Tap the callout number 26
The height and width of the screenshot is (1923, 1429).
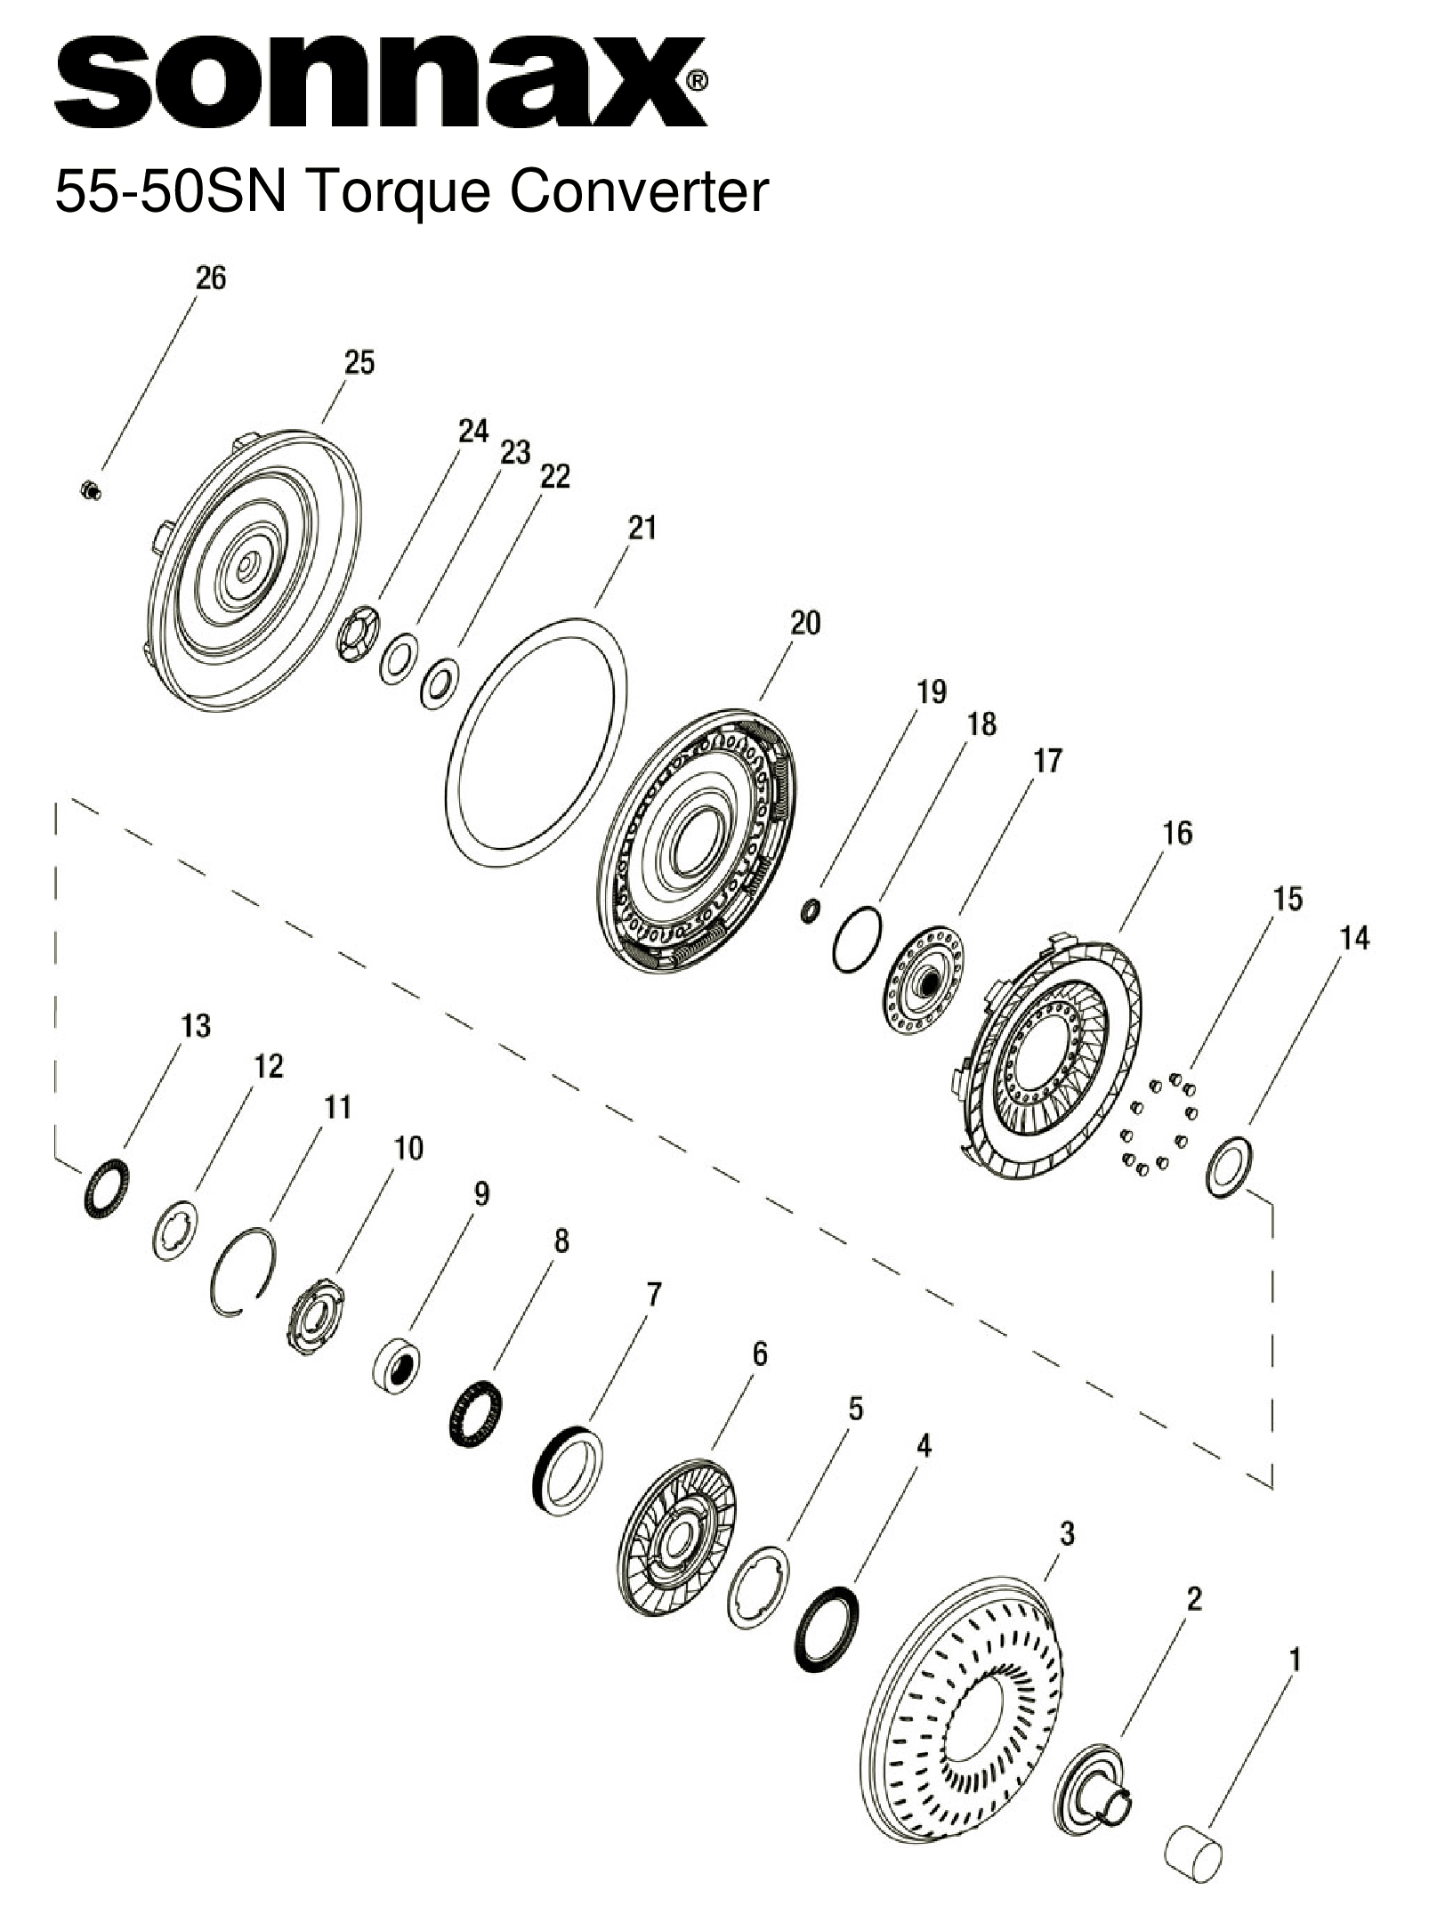pos(211,279)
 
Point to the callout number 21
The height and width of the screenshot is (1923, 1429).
pos(642,528)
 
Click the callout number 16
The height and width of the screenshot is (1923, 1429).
pos(1176,834)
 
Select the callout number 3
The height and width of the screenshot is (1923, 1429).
pos(1067,1533)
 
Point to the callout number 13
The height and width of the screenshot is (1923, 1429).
pos(196,1026)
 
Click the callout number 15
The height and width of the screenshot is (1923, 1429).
pos(1288,899)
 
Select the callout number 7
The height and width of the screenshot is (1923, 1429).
pos(653,1295)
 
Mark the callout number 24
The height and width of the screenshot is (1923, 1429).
pos(473,432)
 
